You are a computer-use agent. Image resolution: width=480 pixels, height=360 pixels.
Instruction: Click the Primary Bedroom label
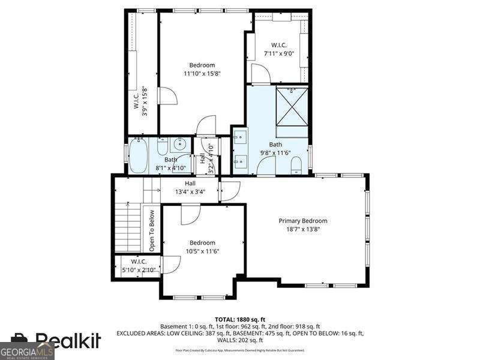click(x=303, y=221)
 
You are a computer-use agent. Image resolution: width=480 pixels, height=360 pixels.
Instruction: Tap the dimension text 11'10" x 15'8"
click(x=202, y=74)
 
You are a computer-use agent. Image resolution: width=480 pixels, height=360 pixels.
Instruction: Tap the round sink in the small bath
click(x=179, y=145)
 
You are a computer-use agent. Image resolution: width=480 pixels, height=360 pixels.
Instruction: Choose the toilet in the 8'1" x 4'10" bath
click(x=162, y=146)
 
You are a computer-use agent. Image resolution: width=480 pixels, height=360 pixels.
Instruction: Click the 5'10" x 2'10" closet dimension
click(x=139, y=270)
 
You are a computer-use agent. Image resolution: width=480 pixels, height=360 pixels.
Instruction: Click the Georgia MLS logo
click(x=27, y=350)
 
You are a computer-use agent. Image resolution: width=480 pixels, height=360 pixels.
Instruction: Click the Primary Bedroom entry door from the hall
click(x=230, y=191)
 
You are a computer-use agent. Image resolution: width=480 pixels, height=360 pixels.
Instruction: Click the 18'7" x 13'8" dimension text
click(x=303, y=229)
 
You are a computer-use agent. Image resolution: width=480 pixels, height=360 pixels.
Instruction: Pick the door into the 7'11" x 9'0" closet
click(x=261, y=74)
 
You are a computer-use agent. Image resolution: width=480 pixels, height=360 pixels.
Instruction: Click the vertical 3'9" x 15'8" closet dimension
click(x=145, y=101)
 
